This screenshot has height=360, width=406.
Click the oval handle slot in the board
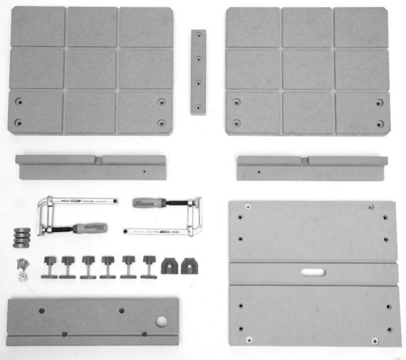coord(313,272)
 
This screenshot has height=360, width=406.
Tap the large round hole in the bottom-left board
coord(161,321)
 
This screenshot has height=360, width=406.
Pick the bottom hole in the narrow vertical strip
coord(198,105)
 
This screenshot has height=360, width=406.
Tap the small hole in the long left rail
coord(144,172)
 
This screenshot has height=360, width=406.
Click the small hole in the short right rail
coord(258,172)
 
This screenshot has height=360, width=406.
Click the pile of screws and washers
coord(21,268)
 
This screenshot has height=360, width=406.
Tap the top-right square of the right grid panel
coord(361,27)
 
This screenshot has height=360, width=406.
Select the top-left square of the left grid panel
coord(37,26)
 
